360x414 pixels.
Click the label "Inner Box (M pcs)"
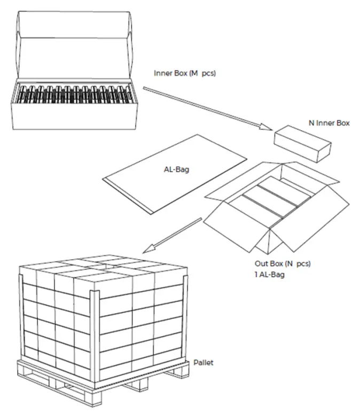184,74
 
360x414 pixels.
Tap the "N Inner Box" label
329,123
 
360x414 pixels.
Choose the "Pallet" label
204,363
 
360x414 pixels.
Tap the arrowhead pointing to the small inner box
265,127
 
